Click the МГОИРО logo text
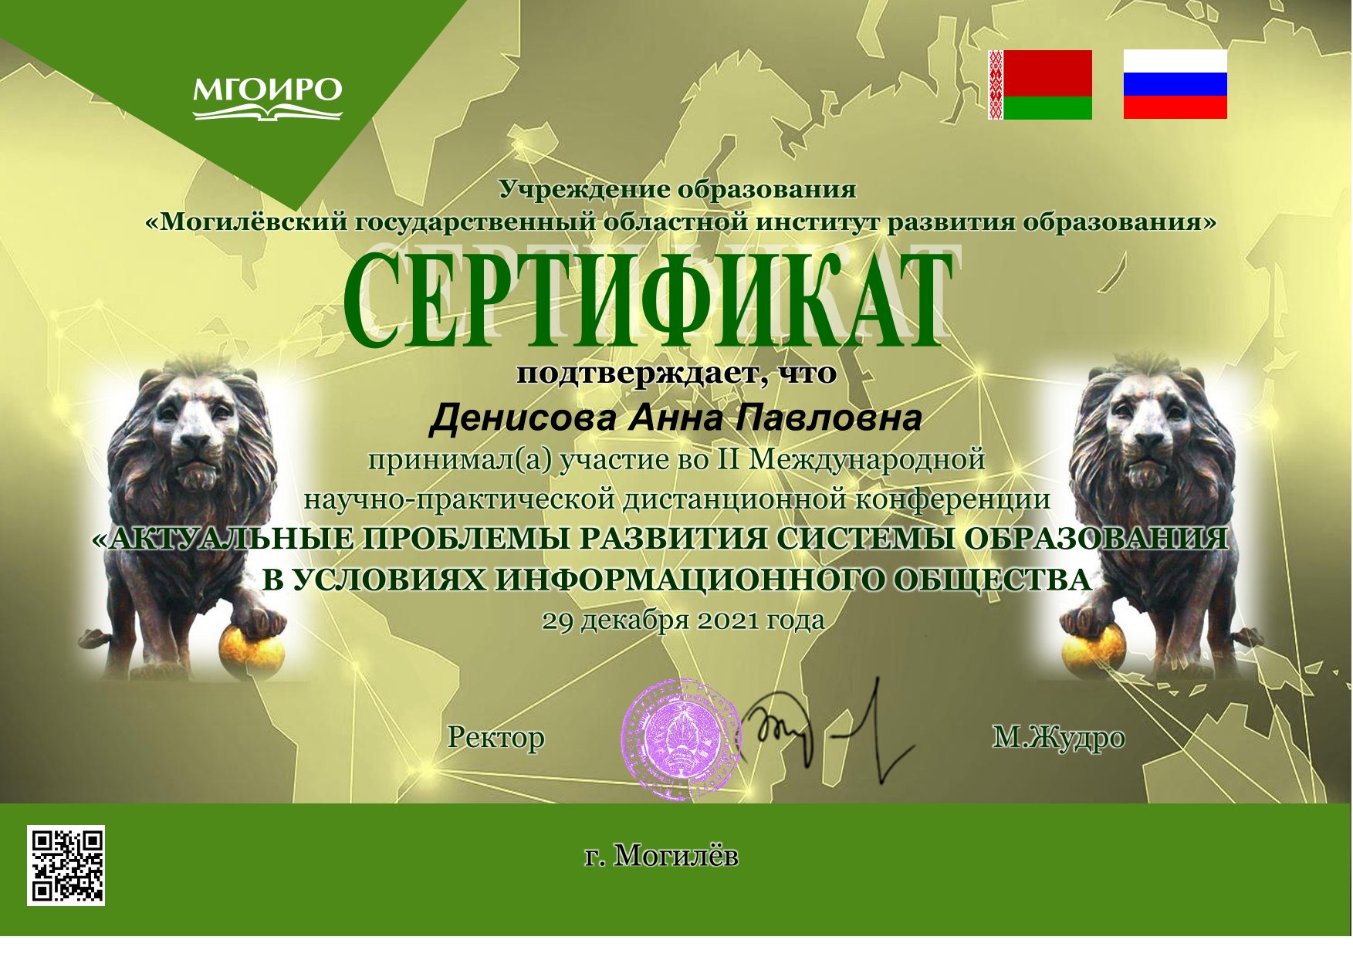[267, 91]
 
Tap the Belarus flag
[1040, 85]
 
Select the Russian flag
[1175, 85]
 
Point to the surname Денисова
[523, 419]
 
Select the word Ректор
[496, 738]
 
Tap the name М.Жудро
[1058, 738]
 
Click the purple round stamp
[681, 739]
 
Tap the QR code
[66, 865]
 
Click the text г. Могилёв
[661, 856]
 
